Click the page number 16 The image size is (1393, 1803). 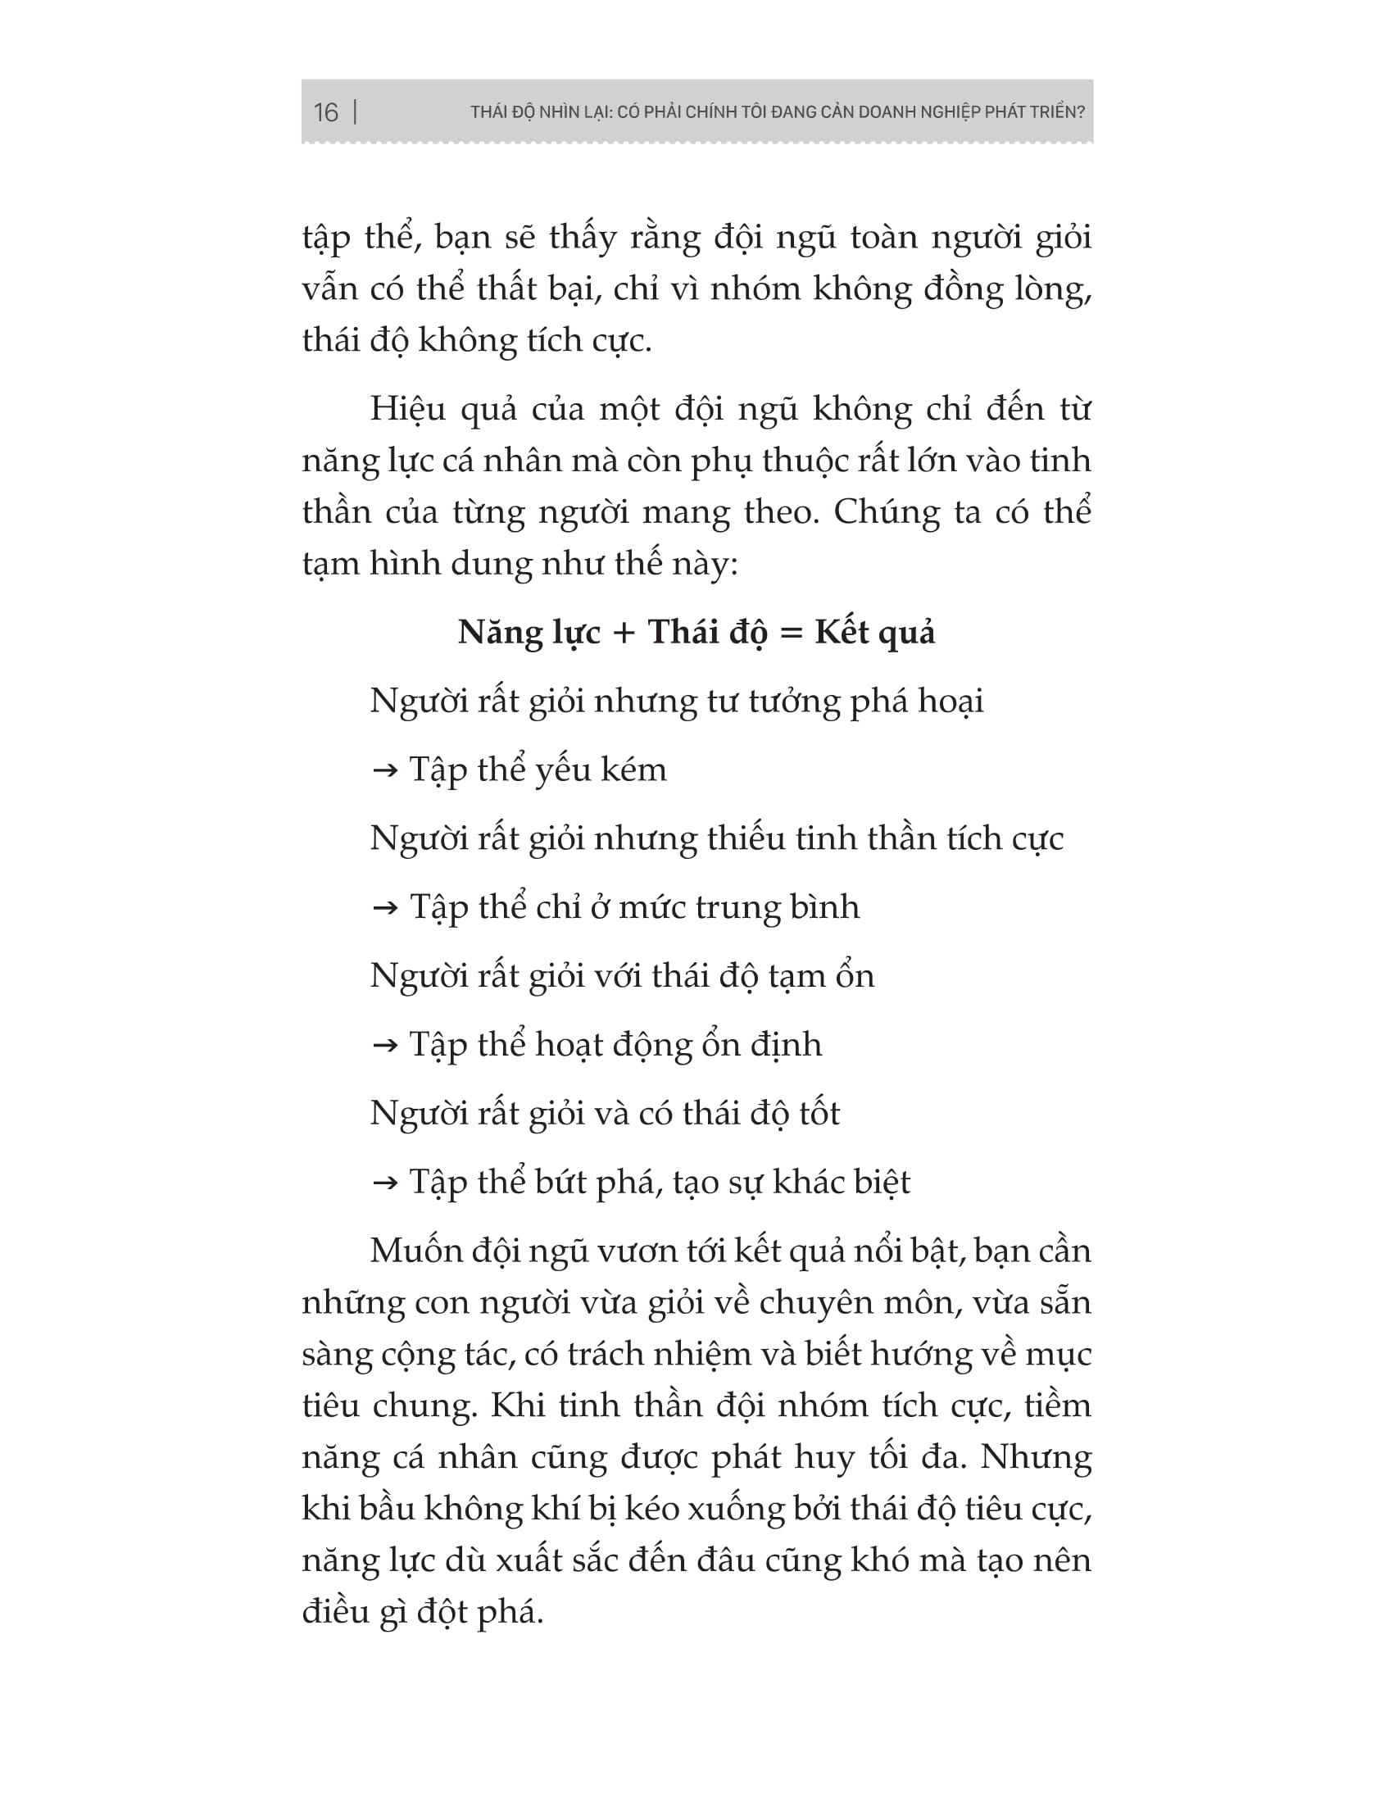326,112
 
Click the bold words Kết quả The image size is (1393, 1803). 875,634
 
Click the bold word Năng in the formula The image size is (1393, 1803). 498,634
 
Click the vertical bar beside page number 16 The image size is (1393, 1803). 355,111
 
